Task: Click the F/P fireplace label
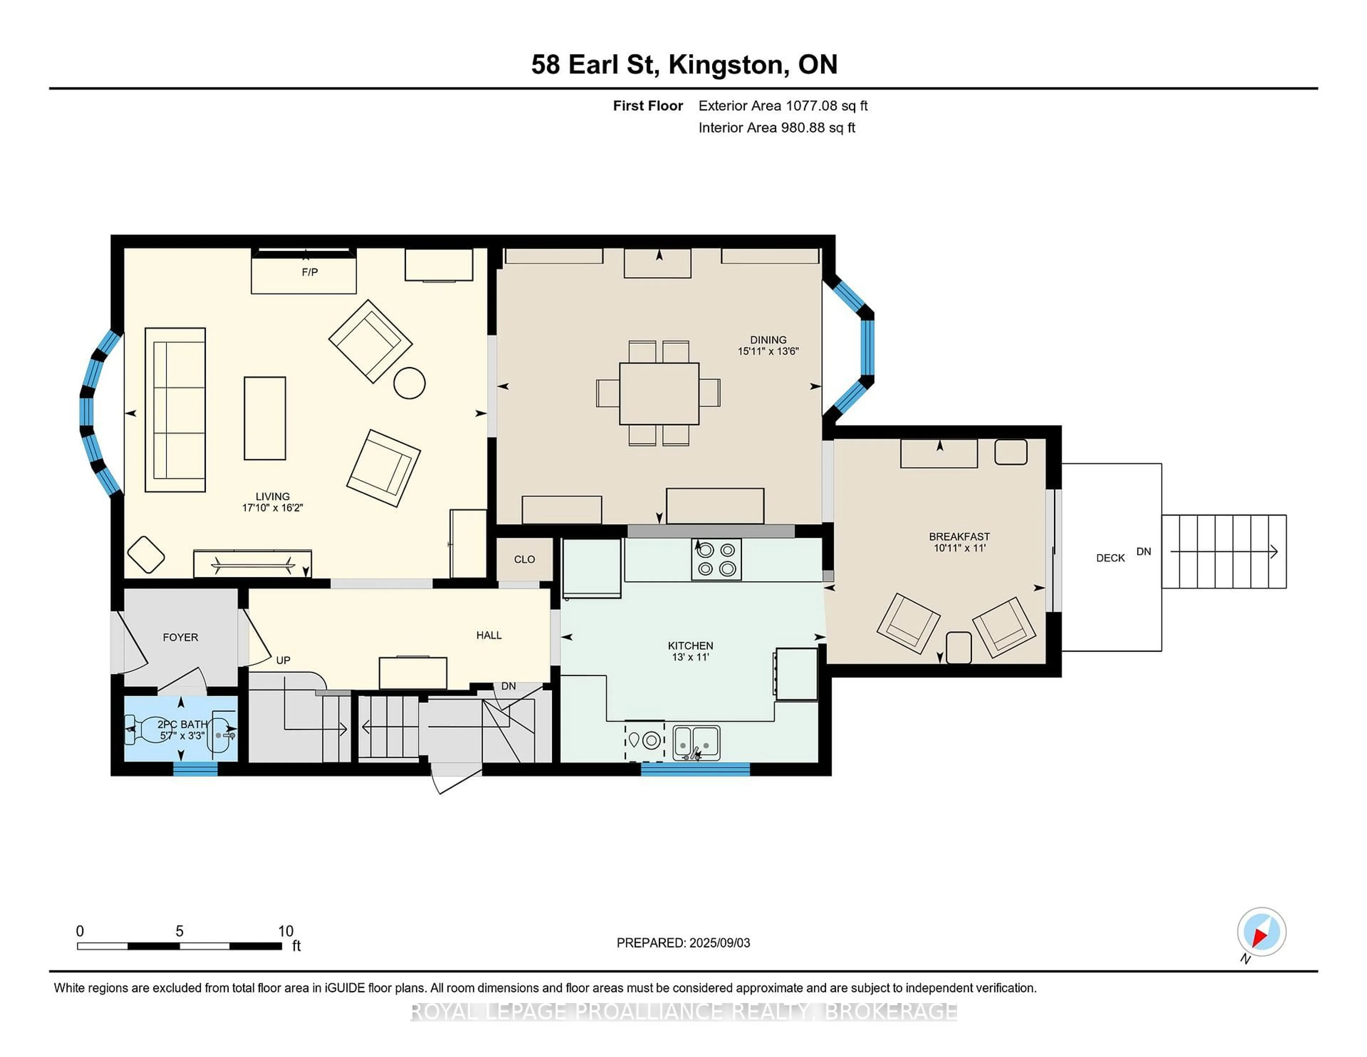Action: click(x=310, y=272)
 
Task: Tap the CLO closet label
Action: click(x=524, y=559)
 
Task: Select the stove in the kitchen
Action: click(x=716, y=559)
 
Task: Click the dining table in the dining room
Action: click(x=659, y=393)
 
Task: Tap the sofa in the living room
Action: click(x=175, y=410)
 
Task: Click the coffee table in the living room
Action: click(x=265, y=418)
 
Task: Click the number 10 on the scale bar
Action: click(x=286, y=931)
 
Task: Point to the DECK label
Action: click(x=1110, y=558)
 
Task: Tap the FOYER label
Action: click(x=180, y=637)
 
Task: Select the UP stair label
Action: click(x=283, y=661)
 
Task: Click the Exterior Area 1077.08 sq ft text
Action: click(x=783, y=106)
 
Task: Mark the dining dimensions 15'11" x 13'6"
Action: click(x=768, y=351)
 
